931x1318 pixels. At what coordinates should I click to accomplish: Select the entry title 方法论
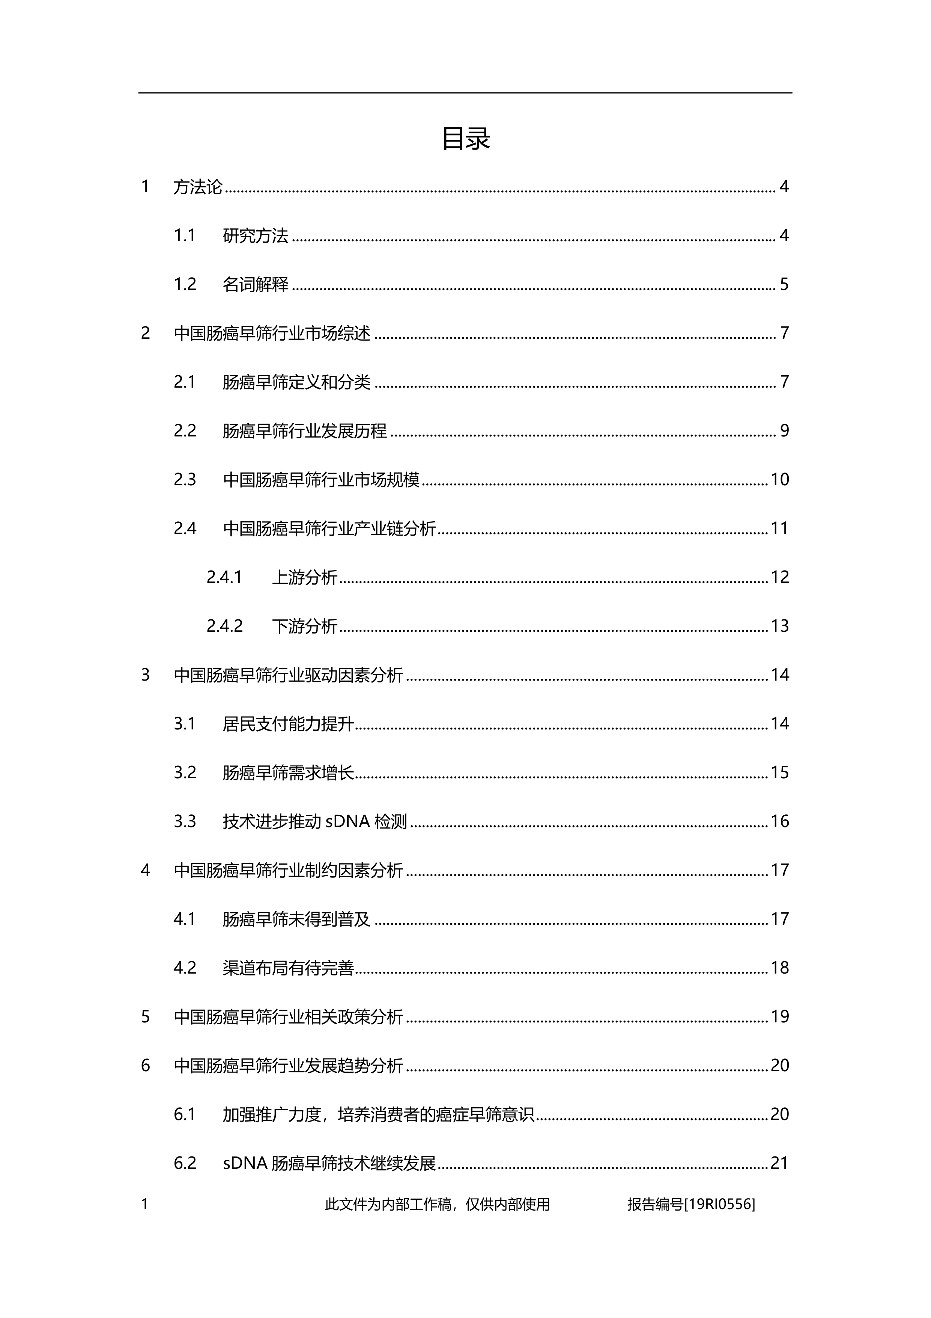tap(197, 187)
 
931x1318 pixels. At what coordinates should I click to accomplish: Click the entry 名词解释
tap(255, 284)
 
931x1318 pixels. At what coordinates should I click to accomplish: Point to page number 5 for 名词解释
tap(784, 284)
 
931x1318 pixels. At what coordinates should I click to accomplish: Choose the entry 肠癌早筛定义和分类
tap(296, 382)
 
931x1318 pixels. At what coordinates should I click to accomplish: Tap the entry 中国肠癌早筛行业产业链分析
tap(329, 528)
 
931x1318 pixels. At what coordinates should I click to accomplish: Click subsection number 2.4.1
tap(224, 577)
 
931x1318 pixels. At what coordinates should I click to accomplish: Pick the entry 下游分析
tap(305, 626)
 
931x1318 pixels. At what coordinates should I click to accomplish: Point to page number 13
tap(779, 626)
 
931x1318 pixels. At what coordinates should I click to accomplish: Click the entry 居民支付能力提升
tap(288, 723)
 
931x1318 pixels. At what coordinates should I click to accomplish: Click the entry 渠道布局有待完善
tap(288, 968)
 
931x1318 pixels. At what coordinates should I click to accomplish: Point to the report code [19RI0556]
tap(719, 1204)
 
